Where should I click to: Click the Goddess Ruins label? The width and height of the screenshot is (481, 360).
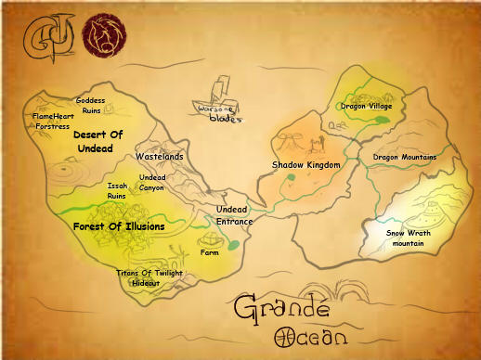[x=91, y=105]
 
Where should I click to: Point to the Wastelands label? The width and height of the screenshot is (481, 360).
[x=160, y=157]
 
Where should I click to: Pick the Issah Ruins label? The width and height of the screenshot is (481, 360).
[x=117, y=191]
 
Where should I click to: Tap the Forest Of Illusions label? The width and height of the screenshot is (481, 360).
[x=119, y=225]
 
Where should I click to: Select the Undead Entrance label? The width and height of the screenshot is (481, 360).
[x=232, y=215]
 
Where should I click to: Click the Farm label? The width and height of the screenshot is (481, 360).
[x=209, y=252]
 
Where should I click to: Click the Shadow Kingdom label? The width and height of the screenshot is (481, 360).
[x=306, y=165]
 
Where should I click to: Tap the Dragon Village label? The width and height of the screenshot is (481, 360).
[x=366, y=107]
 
